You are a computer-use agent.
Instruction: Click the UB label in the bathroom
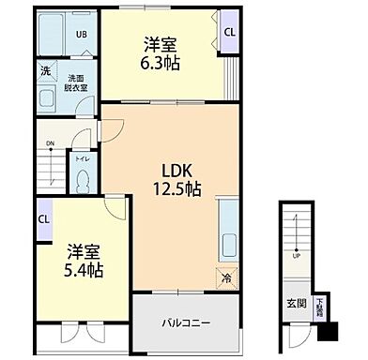pos(81,37)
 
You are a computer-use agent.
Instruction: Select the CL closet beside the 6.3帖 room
pos(229,32)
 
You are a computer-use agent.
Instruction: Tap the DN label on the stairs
pos(49,144)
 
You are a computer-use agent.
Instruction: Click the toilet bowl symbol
pos(82,180)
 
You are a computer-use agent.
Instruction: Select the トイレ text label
pos(82,158)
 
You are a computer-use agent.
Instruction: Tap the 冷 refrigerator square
pos(226,277)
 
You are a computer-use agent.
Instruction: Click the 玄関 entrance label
pos(297,303)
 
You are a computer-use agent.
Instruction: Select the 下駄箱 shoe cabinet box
pos(320,305)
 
